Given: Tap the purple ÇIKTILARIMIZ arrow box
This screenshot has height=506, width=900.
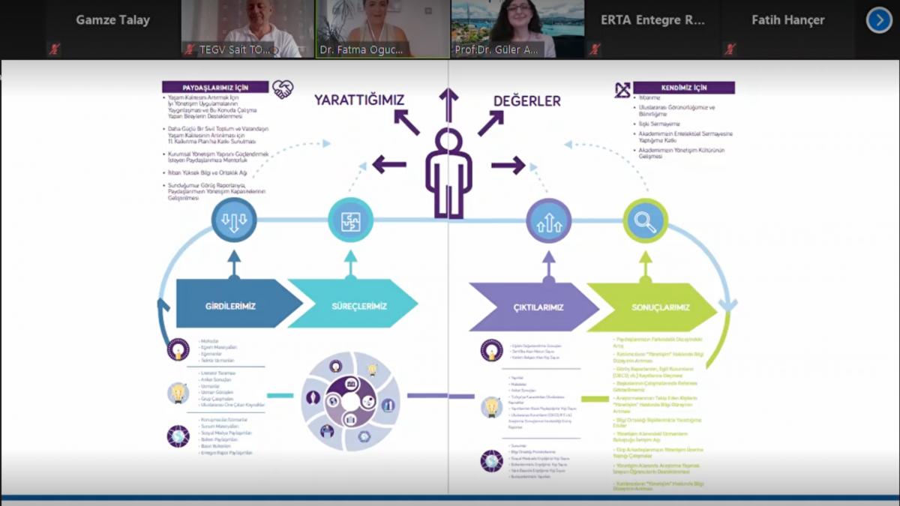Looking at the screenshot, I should click(535, 307).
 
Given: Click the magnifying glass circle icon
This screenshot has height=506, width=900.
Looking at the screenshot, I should click(645, 221).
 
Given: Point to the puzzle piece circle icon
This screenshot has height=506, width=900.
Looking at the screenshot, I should click(350, 220).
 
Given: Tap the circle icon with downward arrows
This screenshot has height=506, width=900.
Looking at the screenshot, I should click(234, 220).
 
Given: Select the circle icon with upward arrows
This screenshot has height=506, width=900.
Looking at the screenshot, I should click(549, 221).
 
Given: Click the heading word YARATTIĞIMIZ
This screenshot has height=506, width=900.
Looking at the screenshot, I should click(359, 100).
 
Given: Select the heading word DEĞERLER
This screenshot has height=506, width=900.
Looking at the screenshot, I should click(526, 100).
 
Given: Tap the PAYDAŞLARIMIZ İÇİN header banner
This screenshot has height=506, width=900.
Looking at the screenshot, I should click(215, 87).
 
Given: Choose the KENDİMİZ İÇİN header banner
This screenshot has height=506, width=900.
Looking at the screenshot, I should click(683, 88).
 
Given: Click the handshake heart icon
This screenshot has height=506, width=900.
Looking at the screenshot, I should click(283, 89).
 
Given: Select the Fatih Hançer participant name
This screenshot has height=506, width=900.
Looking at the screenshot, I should click(787, 20).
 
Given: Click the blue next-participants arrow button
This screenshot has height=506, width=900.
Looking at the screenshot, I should click(879, 20).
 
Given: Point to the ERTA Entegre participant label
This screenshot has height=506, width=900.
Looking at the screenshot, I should click(652, 20).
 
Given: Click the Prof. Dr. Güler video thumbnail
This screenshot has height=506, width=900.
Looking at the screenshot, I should click(518, 28).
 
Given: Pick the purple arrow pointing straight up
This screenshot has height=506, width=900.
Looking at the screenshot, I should click(448, 105).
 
